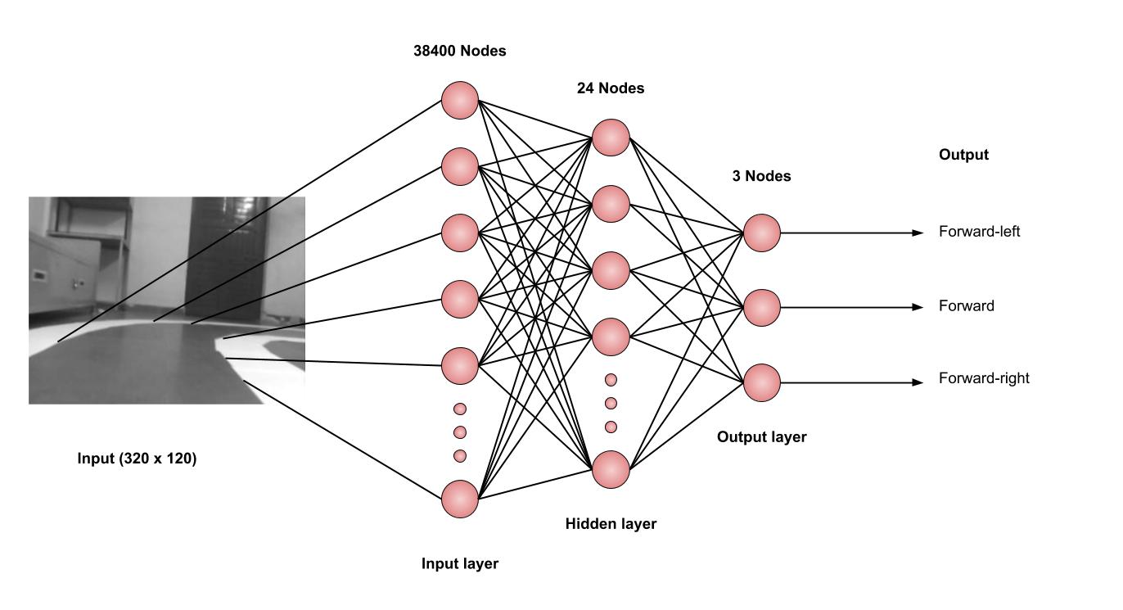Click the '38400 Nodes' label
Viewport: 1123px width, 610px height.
click(x=459, y=51)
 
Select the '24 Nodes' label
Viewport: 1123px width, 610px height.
click(x=611, y=88)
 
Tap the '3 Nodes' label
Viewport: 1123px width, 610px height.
click(x=761, y=175)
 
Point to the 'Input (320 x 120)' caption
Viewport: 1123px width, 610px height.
click(x=137, y=459)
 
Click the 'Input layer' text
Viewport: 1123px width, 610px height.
click(x=459, y=563)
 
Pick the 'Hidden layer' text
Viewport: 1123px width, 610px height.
click(x=611, y=523)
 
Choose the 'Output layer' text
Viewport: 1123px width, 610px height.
click(x=761, y=437)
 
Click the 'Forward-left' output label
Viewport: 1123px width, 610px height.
click(x=979, y=232)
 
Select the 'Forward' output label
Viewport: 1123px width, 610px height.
click(x=967, y=306)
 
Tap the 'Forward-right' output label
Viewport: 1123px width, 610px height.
click(x=984, y=378)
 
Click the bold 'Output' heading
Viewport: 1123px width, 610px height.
click(x=963, y=155)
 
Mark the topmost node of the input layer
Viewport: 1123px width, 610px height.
click(x=459, y=100)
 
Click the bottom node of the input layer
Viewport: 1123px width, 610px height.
click(x=459, y=499)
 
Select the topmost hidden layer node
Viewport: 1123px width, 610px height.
click(x=611, y=138)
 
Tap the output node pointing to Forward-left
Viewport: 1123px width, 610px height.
click(x=761, y=233)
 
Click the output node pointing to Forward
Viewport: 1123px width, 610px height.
click(x=761, y=307)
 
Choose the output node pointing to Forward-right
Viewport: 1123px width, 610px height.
click(x=761, y=382)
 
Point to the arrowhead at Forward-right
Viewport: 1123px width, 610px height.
click(x=918, y=382)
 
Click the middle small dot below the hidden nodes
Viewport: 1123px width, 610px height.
click(x=611, y=403)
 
